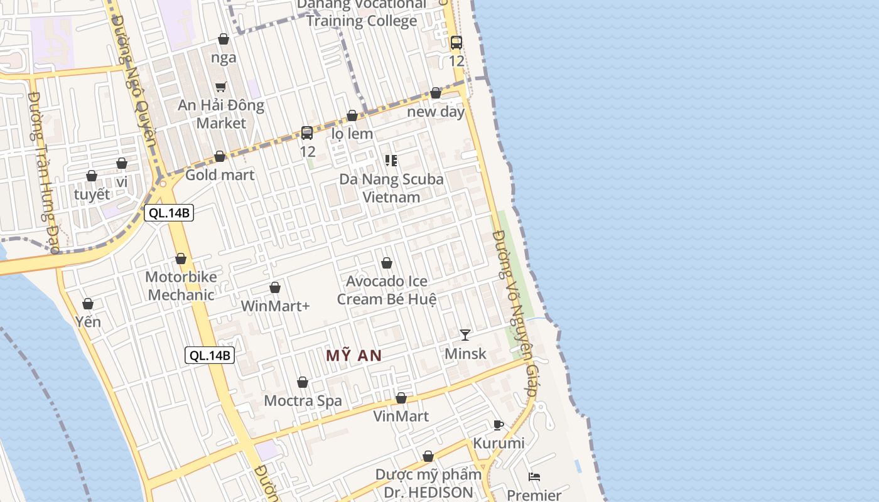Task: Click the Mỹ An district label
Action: pos(353,356)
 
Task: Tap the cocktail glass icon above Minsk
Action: pos(465,334)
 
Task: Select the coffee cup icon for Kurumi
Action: pos(499,425)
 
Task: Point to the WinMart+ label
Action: pos(276,306)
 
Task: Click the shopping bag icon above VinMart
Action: pos(401,398)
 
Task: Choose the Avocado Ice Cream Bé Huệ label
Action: pos(387,291)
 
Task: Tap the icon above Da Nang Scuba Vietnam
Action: pos(391,161)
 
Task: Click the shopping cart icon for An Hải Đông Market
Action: pos(220,87)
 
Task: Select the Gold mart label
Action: pos(220,175)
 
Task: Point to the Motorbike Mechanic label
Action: pos(181,286)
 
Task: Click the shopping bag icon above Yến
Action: pos(88,304)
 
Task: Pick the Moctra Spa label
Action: pos(303,401)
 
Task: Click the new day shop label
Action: pos(436,112)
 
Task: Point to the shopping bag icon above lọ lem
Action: pos(352,115)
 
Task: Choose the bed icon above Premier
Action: pos(534,477)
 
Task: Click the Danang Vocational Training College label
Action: pos(362,13)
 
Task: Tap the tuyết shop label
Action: pos(92,195)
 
